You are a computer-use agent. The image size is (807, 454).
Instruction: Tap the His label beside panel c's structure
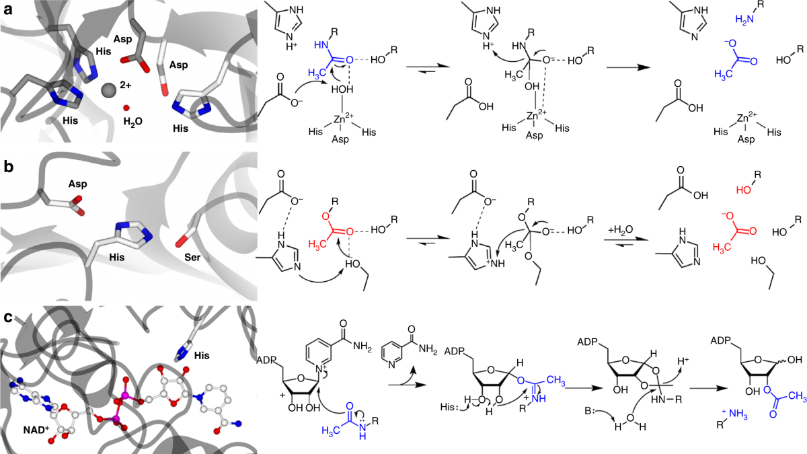(x=202, y=353)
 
